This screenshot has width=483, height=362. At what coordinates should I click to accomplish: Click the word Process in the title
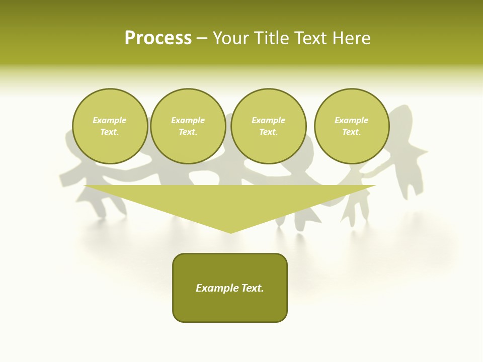pyautogui.click(x=158, y=38)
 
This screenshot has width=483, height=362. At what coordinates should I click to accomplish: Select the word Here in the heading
pyautogui.click(x=351, y=38)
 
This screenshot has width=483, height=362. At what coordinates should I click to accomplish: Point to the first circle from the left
pyautogui.click(x=110, y=126)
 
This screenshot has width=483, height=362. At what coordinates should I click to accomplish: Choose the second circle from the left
pyautogui.click(x=188, y=126)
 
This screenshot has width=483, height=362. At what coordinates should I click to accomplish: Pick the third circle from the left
pyautogui.click(x=269, y=126)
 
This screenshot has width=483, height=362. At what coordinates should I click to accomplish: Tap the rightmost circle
pyautogui.click(x=352, y=126)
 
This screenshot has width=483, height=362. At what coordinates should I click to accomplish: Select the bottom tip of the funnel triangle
pyautogui.click(x=231, y=232)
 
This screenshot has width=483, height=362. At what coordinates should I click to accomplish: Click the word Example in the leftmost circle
pyautogui.click(x=110, y=120)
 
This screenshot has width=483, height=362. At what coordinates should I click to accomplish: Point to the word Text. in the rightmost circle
pyautogui.click(x=352, y=132)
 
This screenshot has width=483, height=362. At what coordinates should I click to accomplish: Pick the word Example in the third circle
pyautogui.click(x=269, y=120)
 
